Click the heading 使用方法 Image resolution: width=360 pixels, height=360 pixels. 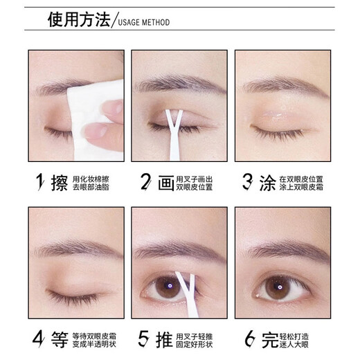(x=78, y=20)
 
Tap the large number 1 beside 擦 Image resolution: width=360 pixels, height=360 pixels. (x=40, y=183)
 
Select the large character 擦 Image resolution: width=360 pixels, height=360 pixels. (x=60, y=183)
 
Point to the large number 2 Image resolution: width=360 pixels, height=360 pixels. (x=146, y=183)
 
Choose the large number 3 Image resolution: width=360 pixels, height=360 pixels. (x=246, y=183)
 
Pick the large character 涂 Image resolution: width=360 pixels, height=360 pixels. (x=267, y=183)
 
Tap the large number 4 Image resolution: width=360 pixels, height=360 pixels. (x=39, y=339)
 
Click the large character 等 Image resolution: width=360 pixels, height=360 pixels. (x=60, y=339)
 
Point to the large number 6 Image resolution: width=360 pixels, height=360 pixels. (x=246, y=339)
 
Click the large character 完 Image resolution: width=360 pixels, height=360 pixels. (x=267, y=339)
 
